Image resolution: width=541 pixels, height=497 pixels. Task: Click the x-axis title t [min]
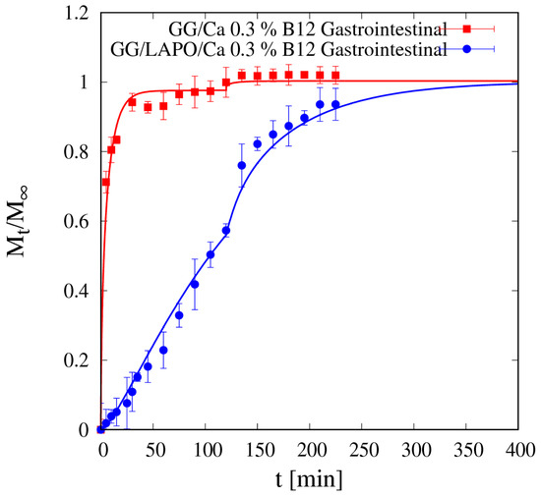(311, 482)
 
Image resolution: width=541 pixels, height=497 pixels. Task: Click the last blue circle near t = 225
(336, 104)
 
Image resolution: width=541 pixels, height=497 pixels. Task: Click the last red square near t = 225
(336, 76)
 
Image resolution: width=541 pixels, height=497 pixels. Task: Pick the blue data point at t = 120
(226, 231)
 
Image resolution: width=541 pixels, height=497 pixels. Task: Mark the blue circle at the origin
(100, 430)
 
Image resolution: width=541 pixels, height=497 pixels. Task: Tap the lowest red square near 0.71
(105, 183)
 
